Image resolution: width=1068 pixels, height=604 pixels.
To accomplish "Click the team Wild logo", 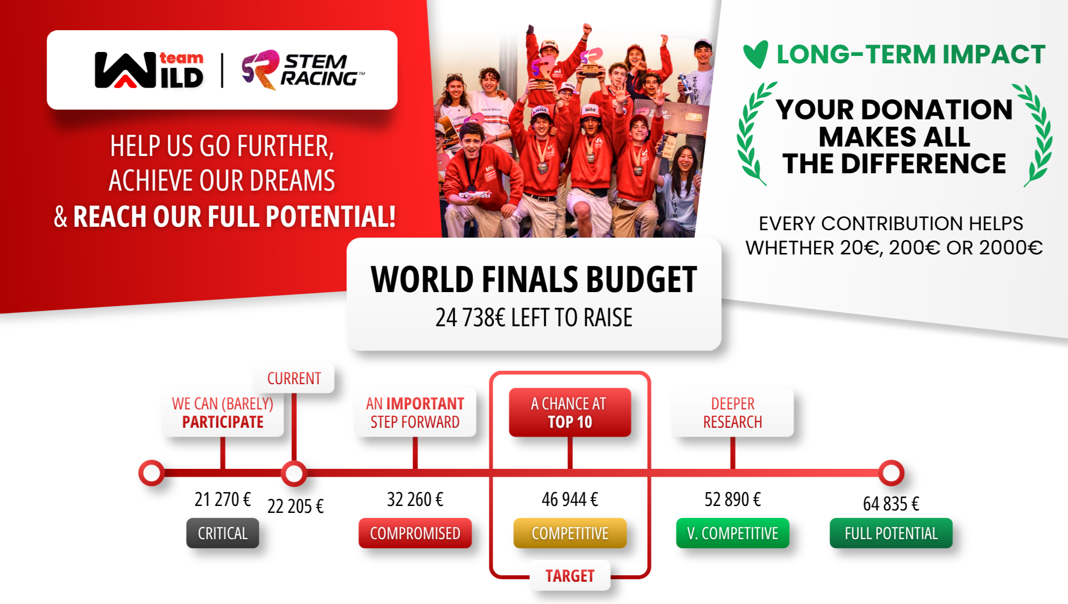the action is click(x=149, y=70).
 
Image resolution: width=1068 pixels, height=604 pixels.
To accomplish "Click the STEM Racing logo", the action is click(x=303, y=70).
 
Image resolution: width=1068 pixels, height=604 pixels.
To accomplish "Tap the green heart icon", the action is click(x=755, y=54).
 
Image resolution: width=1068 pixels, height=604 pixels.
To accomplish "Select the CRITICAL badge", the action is click(x=223, y=533).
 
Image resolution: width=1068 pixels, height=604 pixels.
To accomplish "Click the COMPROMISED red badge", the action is click(x=415, y=533).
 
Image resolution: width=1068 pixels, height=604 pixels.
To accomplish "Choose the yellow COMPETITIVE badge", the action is click(x=570, y=533).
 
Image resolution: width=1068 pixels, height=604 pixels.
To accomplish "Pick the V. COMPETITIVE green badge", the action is click(x=733, y=533).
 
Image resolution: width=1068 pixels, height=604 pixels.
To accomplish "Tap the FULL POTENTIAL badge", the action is click(x=891, y=533).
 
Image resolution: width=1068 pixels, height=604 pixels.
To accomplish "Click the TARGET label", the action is click(x=570, y=576).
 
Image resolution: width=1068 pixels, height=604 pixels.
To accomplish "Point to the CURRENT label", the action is click(x=294, y=379).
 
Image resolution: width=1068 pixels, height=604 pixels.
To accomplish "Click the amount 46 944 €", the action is click(x=570, y=499).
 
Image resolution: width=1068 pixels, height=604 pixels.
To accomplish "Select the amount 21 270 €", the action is click(x=223, y=499).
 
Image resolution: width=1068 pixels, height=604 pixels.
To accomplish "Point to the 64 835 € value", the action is click(x=891, y=504).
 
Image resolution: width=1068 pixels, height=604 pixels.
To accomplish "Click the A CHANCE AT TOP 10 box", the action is click(x=570, y=412).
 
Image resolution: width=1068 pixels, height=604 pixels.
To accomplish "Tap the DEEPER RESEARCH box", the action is click(x=733, y=412).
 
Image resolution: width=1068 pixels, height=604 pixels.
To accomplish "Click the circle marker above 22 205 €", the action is click(x=294, y=473).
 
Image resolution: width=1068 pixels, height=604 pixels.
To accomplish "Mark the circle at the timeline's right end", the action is click(x=891, y=473).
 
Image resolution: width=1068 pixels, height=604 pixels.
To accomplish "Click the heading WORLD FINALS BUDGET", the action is click(x=534, y=280).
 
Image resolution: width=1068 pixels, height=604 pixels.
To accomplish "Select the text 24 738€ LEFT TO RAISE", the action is click(x=534, y=317).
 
